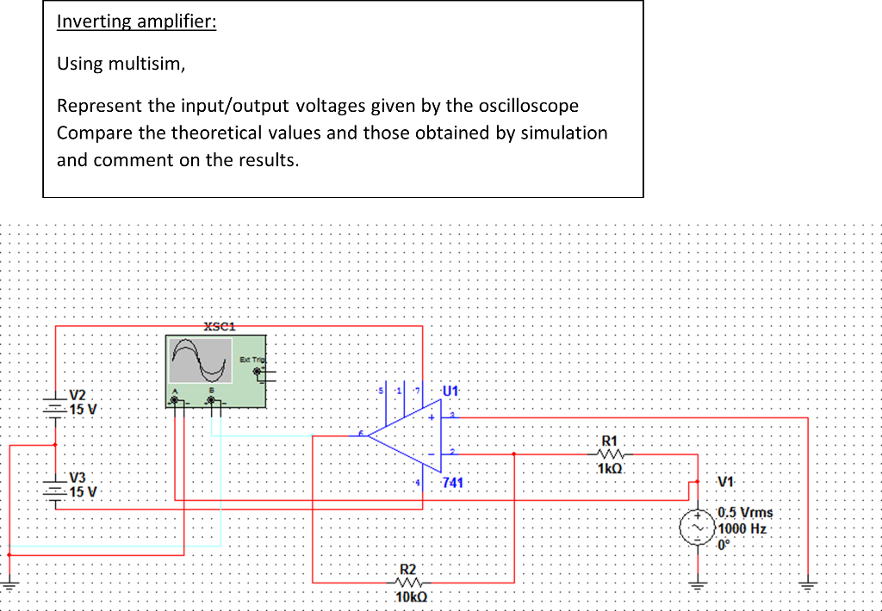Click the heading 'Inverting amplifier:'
(136, 22)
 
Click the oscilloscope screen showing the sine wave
(202, 360)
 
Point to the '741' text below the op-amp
(452, 484)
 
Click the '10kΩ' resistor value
(410, 597)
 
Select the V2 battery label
(78, 393)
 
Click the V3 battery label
(78, 477)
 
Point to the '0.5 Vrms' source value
(745, 513)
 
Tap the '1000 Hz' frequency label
(742, 528)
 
